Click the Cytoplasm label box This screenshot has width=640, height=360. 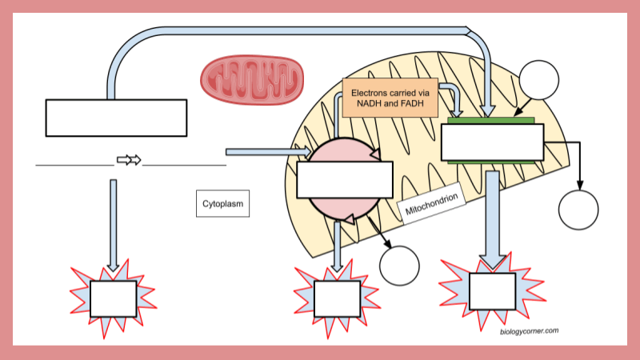pyautogui.click(x=222, y=203)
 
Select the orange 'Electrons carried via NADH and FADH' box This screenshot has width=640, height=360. pyautogui.click(x=390, y=98)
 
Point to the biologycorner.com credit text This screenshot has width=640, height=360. pyautogui.click(x=529, y=330)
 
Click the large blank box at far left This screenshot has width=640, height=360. pyautogui.click(x=116, y=118)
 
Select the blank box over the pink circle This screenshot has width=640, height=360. pyautogui.click(x=345, y=179)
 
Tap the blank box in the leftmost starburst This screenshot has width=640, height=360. pyautogui.click(x=113, y=299)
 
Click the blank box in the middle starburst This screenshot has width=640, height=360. pyautogui.click(x=337, y=299)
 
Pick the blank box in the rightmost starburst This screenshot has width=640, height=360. pyautogui.click(x=492, y=291)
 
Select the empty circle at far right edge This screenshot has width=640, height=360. pyautogui.click(x=578, y=210)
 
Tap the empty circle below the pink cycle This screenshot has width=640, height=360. pyautogui.click(x=399, y=266)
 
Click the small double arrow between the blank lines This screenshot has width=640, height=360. pyautogui.click(x=129, y=160)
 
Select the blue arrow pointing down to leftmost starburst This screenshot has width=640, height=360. pyautogui.click(x=113, y=224)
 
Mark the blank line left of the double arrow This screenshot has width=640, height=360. pyautogui.click(x=74, y=165)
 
